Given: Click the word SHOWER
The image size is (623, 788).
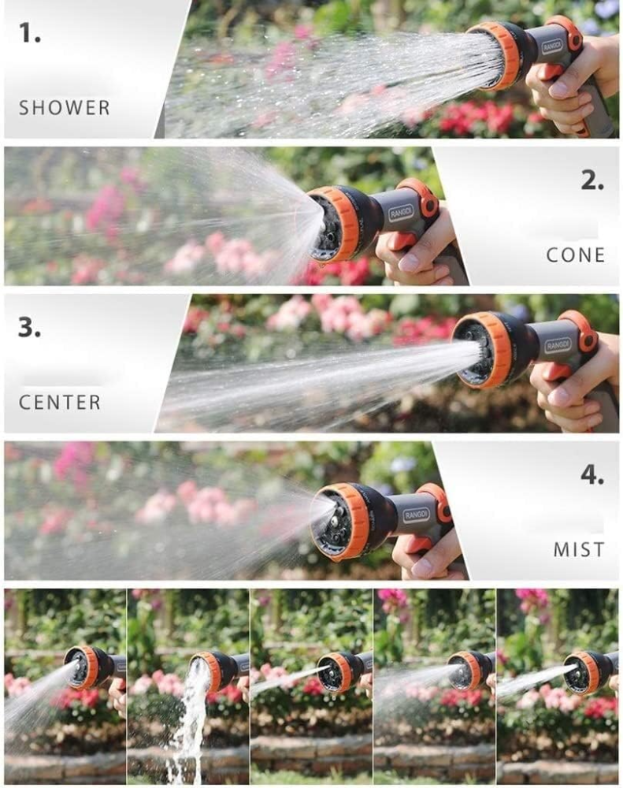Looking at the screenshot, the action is point(64,108).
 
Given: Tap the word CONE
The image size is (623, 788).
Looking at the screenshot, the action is point(575,255).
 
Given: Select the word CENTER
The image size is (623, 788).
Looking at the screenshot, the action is point(60,403).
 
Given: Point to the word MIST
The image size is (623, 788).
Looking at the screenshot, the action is point(579,550).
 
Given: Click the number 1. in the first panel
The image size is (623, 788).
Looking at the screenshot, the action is point(30,32).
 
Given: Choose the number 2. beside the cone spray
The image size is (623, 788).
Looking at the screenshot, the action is point(592,180).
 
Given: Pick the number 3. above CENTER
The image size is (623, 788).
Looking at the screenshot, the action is point(30,328).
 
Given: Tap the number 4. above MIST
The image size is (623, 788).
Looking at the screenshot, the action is point(592,475).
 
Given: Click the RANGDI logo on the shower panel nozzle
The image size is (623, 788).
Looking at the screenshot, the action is point(554,46).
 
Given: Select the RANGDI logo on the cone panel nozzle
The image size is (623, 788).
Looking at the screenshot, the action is point(402,213).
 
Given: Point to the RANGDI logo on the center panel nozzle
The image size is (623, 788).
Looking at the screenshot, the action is point(558,345).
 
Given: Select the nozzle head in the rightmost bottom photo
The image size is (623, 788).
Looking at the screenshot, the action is point(583,672).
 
